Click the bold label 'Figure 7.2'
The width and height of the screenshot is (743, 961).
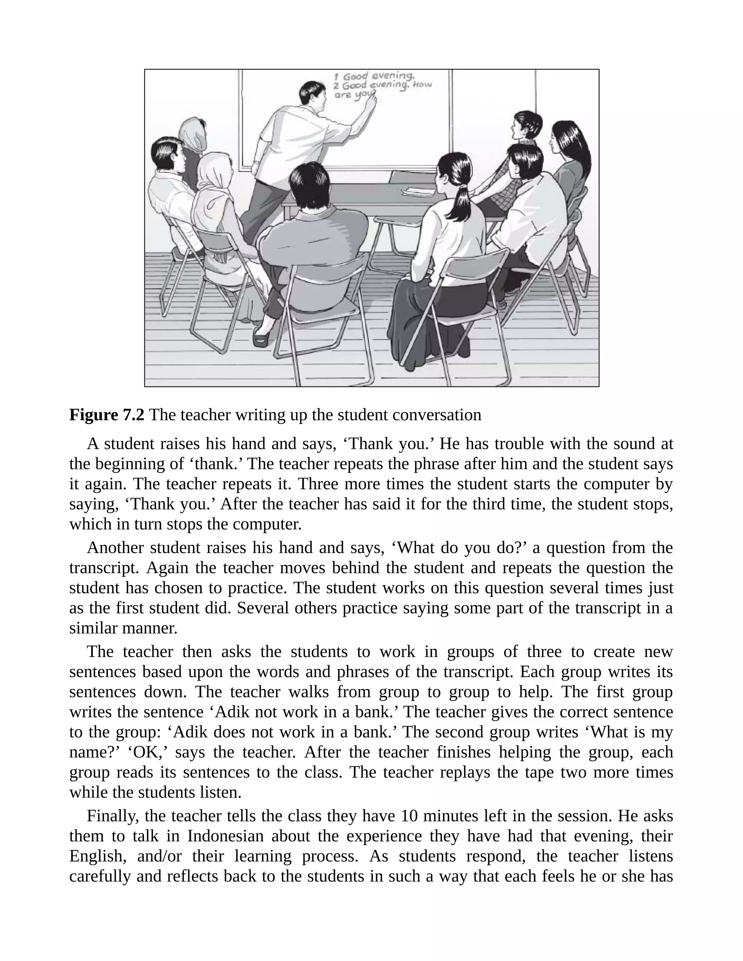coord(107,415)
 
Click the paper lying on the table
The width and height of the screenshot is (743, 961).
coord(418,191)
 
